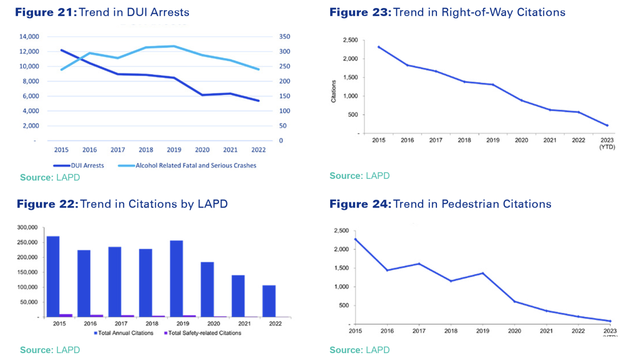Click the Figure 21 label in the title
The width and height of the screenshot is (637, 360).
(46, 12)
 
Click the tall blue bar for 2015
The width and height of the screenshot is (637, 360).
(53, 276)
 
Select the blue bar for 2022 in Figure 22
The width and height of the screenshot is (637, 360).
(269, 301)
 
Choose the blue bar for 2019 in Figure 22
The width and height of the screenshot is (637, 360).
(176, 278)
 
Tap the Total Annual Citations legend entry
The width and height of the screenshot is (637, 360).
(124, 333)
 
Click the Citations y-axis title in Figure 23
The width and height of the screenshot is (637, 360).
(334, 91)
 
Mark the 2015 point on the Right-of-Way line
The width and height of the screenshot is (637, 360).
(379, 47)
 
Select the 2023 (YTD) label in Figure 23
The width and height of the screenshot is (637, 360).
(607, 144)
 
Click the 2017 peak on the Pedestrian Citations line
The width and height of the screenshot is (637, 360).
(419, 263)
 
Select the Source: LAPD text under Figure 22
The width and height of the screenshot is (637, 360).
(50, 350)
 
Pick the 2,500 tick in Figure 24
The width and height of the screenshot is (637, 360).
(342, 230)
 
